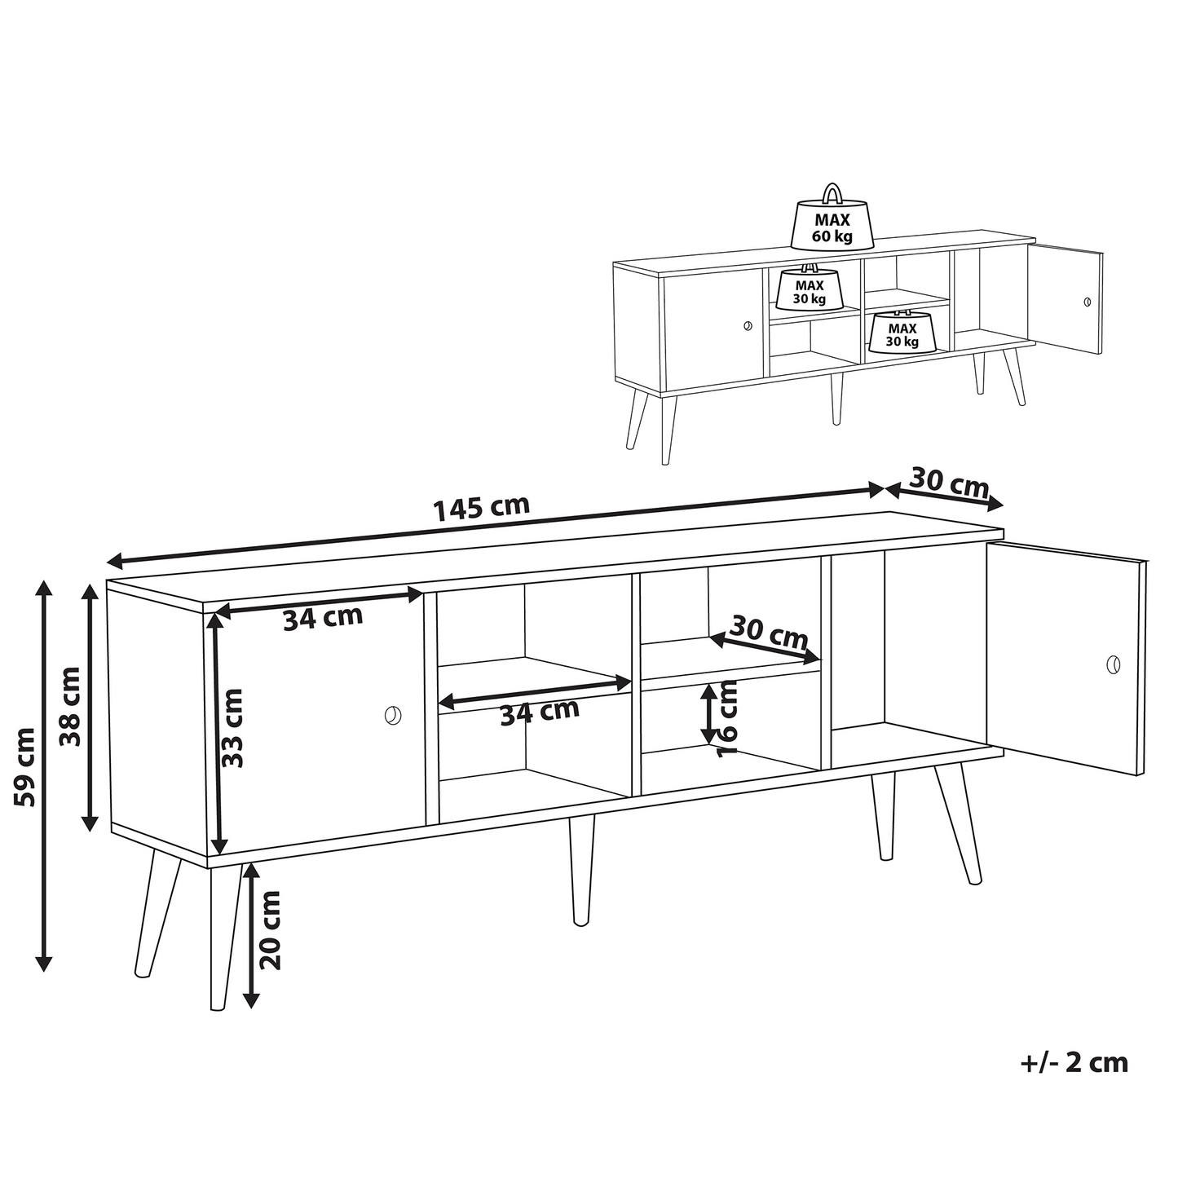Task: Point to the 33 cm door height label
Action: pyautogui.click(x=232, y=728)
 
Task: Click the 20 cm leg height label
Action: pyautogui.click(x=270, y=929)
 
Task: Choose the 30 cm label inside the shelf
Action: pyautogui.click(x=769, y=633)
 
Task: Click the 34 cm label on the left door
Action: pyautogui.click(x=323, y=618)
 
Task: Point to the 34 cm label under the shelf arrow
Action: pyautogui.click(x=539, y=712)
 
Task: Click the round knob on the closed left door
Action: pyautogui.click(x=393, y=715)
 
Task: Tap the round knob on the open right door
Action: pyautogui.click(x=1114, y=664)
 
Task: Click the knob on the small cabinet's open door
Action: pyautogui.click(x=1087, y=302)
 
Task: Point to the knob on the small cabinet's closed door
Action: pyautogui.click(x=747, y=326)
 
